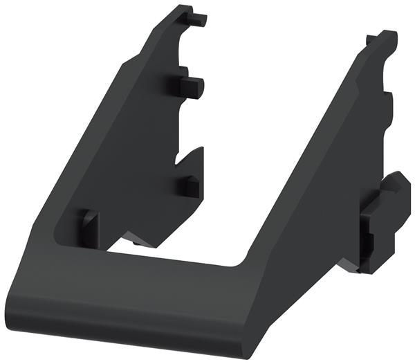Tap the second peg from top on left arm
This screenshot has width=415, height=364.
click(x=193, y=86)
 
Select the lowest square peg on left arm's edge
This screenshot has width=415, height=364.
click(x=188, y=185)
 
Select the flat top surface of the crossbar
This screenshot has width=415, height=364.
click(x=138, y=273)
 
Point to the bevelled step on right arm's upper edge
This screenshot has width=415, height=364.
click(x=359, y=83)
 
